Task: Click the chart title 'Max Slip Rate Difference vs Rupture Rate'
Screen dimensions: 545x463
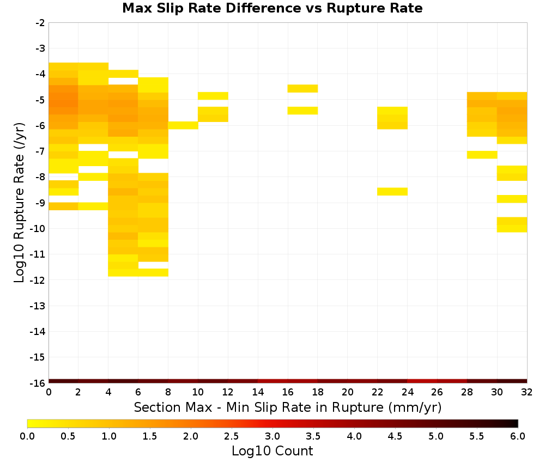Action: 272,8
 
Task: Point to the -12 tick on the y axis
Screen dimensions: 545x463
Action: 38,280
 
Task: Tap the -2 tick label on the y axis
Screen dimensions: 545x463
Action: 40,23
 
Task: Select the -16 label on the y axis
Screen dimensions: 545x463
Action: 38,383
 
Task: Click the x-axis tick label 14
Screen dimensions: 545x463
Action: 258,392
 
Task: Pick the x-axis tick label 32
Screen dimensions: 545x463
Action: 526,392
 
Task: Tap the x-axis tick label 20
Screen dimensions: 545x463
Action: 347,392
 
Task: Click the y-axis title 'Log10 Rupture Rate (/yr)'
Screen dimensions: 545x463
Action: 19,203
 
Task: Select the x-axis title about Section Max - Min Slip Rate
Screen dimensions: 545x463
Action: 287,407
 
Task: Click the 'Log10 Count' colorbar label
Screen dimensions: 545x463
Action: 272,451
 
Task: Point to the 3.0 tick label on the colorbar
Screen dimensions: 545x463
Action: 272,436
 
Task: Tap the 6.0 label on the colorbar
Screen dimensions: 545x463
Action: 518,436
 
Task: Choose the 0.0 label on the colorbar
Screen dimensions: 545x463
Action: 27,436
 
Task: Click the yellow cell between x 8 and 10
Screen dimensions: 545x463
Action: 183,125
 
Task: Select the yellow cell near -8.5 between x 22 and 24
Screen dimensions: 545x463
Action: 392,191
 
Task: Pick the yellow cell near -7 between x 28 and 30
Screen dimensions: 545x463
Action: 482,155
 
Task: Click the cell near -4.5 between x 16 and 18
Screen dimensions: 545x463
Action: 302,89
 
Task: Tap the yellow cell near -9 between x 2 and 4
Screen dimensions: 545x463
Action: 94,206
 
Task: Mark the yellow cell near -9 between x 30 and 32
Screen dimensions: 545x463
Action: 512,199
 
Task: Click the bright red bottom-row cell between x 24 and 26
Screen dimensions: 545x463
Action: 422,381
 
